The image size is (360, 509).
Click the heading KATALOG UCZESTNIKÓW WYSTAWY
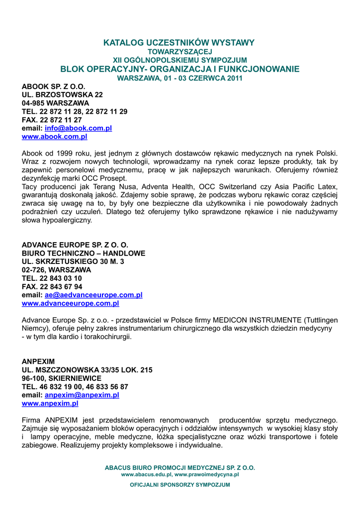point(179,43)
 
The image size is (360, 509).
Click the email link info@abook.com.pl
point(78,128)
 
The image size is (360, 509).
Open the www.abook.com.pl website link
point(55,137)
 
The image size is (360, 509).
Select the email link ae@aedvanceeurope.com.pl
point(93,295)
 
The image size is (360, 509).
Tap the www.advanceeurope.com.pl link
point(71,304)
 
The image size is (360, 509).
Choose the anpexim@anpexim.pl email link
point(82,395)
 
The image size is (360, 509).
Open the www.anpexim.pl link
point(50,404)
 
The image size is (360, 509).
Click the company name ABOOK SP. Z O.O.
point(54,86)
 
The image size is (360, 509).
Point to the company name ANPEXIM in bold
point(38,361)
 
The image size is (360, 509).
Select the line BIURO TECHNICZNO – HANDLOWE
point(84,253)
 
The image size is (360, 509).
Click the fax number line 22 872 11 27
point(52,120)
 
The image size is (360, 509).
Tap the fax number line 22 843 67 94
point(52,287)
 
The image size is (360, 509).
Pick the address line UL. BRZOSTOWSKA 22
point(62,94)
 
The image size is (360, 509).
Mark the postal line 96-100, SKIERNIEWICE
point(62,378)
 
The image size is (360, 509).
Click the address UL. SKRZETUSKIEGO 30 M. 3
point(73,261)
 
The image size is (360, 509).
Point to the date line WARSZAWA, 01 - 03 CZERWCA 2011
point(180,79)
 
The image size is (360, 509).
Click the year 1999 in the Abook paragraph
point(62,154)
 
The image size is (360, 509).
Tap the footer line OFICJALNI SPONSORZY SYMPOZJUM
point(180,485)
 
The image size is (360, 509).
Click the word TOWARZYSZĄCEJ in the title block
point(180,52)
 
